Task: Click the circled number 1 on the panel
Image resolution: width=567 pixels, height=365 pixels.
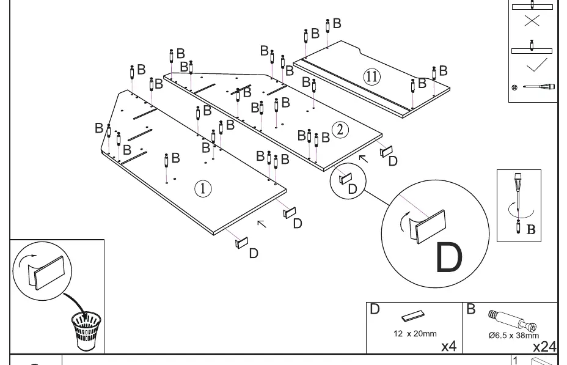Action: [203, 188]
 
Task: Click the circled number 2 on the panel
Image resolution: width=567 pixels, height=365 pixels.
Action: [340, 130]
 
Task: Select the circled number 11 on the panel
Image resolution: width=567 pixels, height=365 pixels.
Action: [371, 76]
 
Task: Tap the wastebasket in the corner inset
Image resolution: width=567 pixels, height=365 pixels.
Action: [86, 331]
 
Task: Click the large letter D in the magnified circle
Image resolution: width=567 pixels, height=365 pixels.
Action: [449, 257]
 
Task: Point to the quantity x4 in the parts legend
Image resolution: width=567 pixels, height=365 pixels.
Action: [449, 346]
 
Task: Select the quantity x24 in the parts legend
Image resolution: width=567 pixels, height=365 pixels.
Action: [544, 347]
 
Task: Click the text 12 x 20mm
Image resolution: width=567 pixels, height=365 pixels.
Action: [415, 334]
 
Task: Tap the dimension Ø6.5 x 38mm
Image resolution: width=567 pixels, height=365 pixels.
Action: [513, 335]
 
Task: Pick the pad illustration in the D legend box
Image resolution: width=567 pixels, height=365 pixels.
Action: [413, 316]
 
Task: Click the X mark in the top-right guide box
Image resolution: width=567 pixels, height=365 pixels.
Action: [532, 21]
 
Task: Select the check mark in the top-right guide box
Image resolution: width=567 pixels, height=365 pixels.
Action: [537, 65]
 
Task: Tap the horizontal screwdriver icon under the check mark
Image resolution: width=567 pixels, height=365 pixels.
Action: [539, 87]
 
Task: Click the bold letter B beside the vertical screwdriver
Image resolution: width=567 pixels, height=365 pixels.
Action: [531, 229]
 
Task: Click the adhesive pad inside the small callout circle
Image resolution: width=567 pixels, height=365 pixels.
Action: [345, 179]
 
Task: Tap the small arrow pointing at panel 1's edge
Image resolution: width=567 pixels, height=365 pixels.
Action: [262, 224]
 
